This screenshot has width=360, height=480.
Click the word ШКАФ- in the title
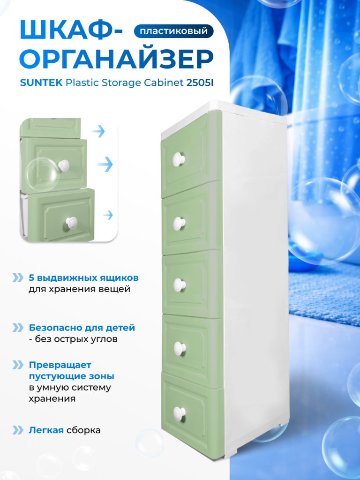pyautogui.click(x=71, y=31)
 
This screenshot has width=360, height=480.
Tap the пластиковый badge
pyautogui.click(x=173, y=31)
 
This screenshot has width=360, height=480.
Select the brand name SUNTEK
pyautogui.click(x=41, y=82)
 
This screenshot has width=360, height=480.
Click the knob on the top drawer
pyautogui.click(x=179, y=159)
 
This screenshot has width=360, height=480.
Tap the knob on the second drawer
pyautogui.click(x=179, y=224)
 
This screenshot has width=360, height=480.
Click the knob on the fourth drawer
pyautogui.click(x=180, y=349)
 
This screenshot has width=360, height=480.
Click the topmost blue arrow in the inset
pyautogui.click(x=98, y=131)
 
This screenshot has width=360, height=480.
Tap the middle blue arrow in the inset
pyautogui.click(x=105, y=165)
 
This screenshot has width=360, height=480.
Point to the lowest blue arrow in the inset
pyautogui.click(x=108, y=215)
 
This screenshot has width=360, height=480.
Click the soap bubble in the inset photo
pyautogui.click(x=42, y=174)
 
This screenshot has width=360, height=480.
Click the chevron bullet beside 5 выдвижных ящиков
pyautogui.click(x=18, y=277)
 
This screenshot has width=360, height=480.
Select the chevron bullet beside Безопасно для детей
pyautogui.click(x=18, y=328)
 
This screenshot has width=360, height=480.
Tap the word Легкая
pyautogui.click(x=46, y=430)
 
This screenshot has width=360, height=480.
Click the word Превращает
pyautogui.click(x=60, y=365)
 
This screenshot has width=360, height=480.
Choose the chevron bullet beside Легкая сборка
pyautogui.click(x=18, y=430)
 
